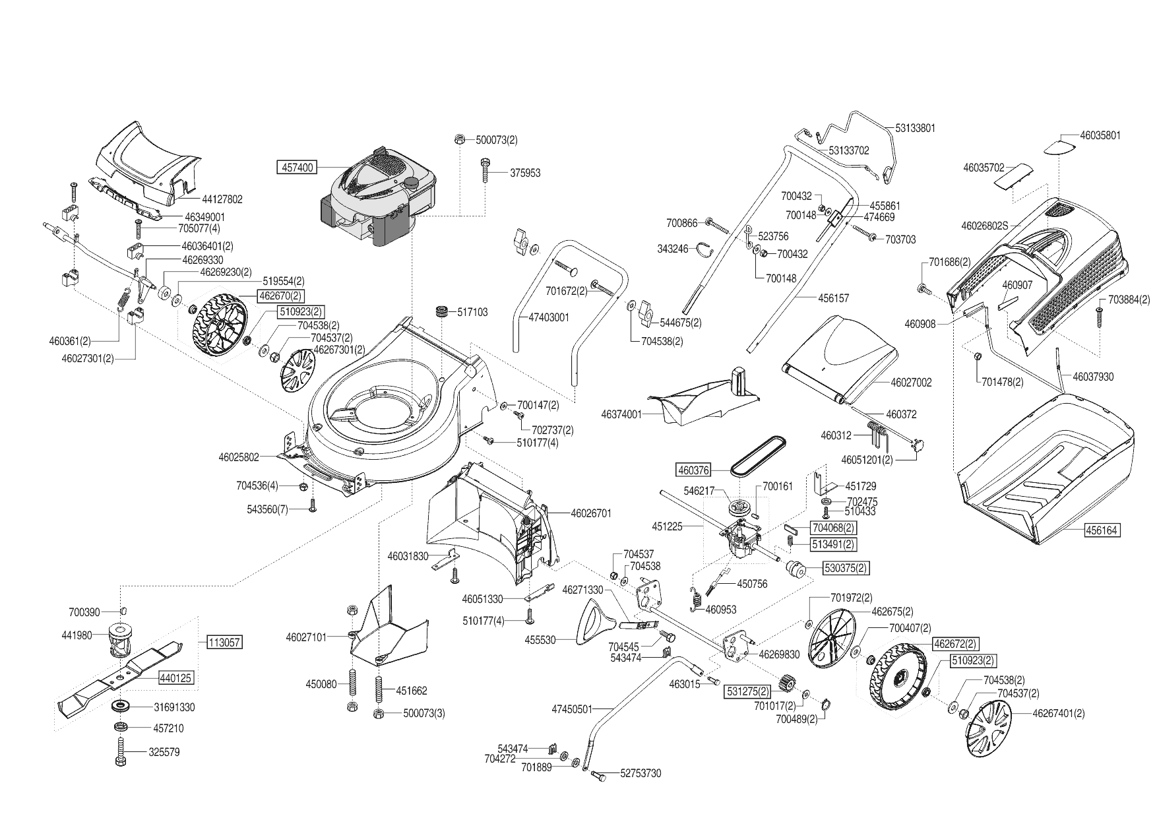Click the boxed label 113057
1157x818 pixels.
coord(224,642)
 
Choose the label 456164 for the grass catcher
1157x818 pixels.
coord(1102,530)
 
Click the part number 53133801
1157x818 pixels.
coord(915,128)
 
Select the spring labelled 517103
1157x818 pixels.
coord(441,311)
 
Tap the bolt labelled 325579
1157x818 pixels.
coord(121,751)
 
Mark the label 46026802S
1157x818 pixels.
coord(985,226)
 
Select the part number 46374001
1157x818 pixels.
coord(621,414)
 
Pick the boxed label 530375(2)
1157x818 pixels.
coord(845,568)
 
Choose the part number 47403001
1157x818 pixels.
coord(549,317)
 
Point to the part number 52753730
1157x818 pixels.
coord(641,773)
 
